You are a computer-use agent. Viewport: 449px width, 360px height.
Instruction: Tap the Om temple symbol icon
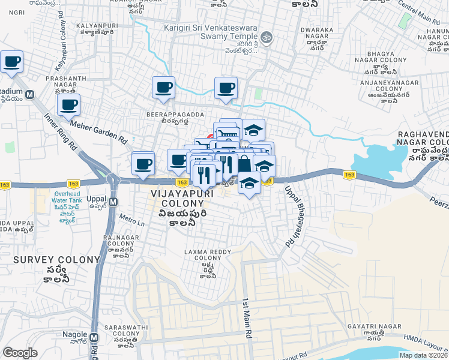click(x=270, y=37)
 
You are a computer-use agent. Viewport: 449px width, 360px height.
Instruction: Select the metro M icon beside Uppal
click(x=112, y=199)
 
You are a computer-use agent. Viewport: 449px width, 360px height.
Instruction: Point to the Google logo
click(x=20, y=353)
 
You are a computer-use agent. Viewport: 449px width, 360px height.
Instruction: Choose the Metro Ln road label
click(x=132, y=220)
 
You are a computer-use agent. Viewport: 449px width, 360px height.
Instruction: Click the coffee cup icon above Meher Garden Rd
click(x=68, y=105)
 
